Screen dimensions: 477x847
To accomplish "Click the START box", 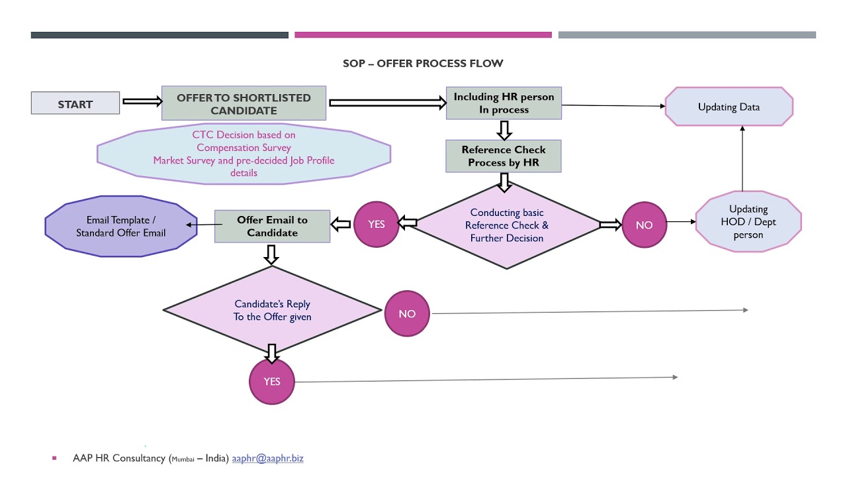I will [75, 103].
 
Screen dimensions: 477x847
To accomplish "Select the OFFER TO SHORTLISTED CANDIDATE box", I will [244, 103].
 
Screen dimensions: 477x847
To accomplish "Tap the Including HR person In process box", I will [504, 103].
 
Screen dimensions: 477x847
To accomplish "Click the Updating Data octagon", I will [729, 107].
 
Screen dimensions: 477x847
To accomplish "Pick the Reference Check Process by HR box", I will [504, 156].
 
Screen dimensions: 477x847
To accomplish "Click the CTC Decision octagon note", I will [244, 153].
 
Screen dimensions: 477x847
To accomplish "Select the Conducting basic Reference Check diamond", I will [506, 225].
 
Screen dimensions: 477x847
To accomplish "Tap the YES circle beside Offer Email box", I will [377, 225].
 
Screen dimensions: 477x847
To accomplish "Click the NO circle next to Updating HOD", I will [644, 225].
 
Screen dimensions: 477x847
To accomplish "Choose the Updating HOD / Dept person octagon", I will [748, 223].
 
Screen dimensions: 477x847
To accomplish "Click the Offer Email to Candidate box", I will [272, 226].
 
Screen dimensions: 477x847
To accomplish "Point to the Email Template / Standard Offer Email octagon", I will [121, 226].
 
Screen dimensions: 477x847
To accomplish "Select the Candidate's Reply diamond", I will [272, 310].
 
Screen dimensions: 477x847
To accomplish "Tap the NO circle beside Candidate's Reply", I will [407, 313].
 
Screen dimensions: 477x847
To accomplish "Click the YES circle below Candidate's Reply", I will [272, 382].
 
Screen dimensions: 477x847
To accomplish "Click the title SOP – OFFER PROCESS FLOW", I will [423, 64].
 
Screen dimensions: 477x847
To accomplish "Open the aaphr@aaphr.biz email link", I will [267, 458].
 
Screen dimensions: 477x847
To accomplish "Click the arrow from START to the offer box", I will [142, 101].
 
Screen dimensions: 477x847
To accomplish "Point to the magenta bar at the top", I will [423, 35].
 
